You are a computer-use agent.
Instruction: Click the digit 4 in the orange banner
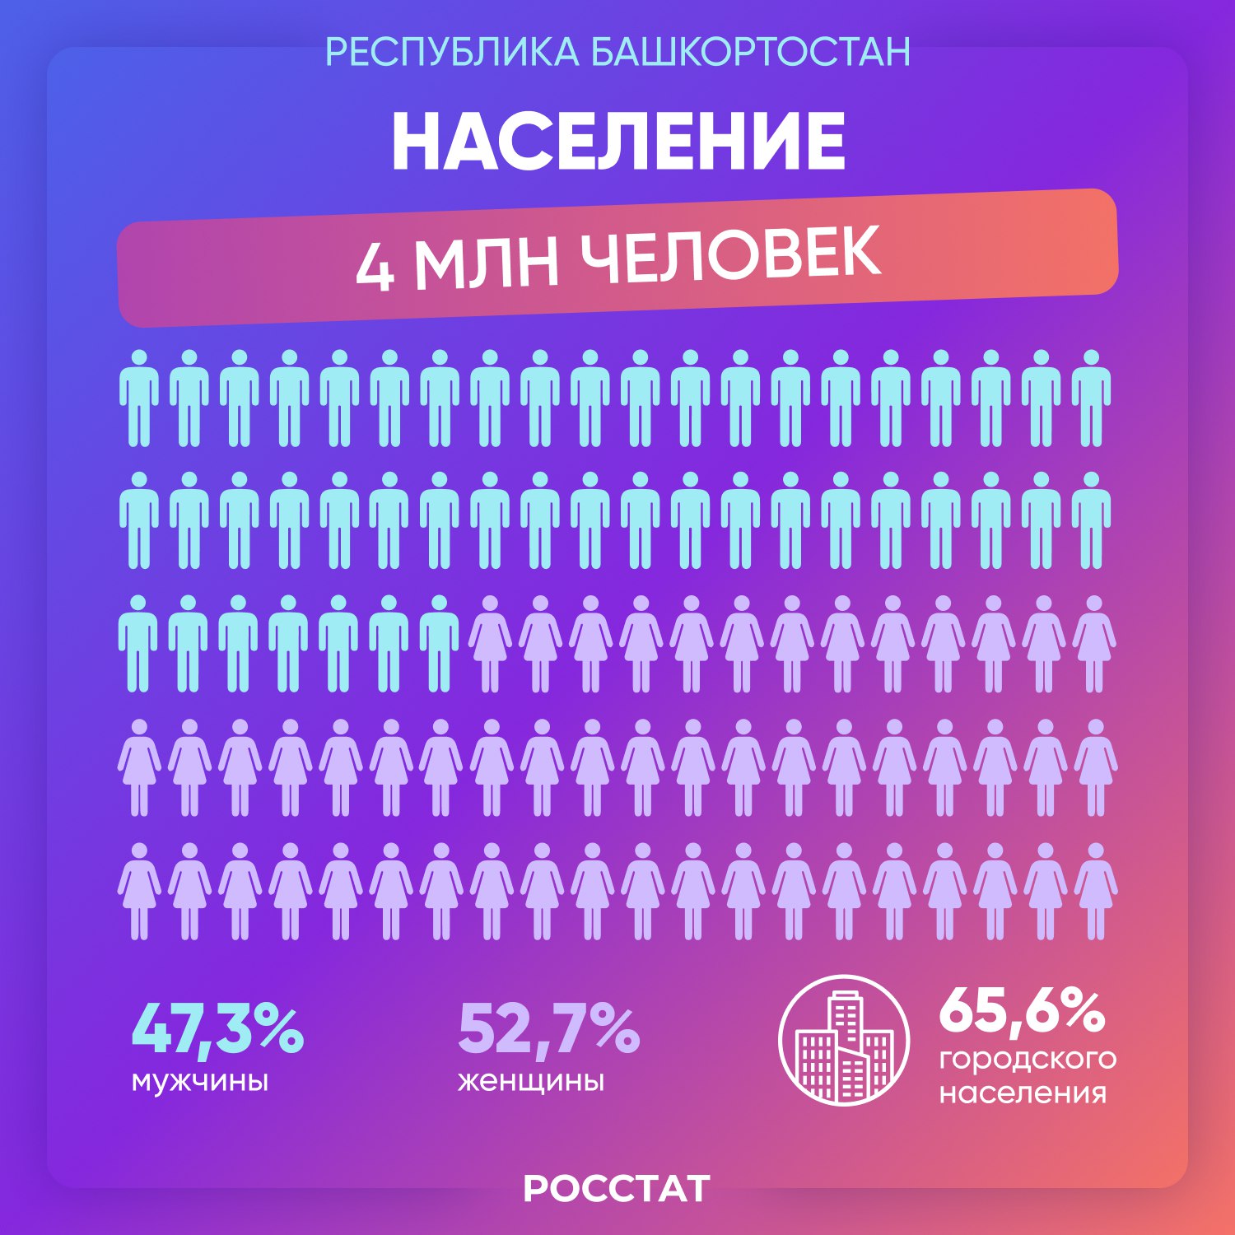pyautogui.click(x=375, y=268)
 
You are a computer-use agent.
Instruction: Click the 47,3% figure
pyautogui.click(x=217, y=1029)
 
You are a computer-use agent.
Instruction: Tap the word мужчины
pyautogui.click(x=200, y=1080)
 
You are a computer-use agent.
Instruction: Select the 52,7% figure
pyautogui.click(x=548, y=1029)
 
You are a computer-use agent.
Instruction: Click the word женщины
pyautogui.click(x=531, y=1080)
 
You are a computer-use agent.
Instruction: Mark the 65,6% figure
pyautogui.click(x=1021, y=1011)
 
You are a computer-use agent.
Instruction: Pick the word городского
pyautogui.click(x=1028, y=1059)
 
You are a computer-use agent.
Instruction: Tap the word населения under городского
pyautogui.click(x=1023, y=1093)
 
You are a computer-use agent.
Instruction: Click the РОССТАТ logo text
pyautogui.click(x=617, y=1189)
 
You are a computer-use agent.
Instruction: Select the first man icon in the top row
pyautogui.click(x=138, y=398)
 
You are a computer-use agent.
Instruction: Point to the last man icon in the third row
pyautogui.click(x=440, y=644)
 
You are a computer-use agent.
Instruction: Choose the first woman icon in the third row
pyautogui.click(x=490, y=644)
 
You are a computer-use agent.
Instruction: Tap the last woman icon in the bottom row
pyautogui.click(x=1095, y=891)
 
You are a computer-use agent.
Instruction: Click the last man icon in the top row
pyautogui.click(x=1092, y=398)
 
